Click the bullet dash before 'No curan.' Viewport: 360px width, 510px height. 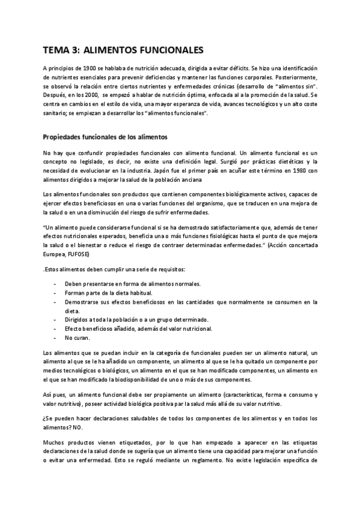56,339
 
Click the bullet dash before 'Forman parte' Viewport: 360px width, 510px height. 56,293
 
